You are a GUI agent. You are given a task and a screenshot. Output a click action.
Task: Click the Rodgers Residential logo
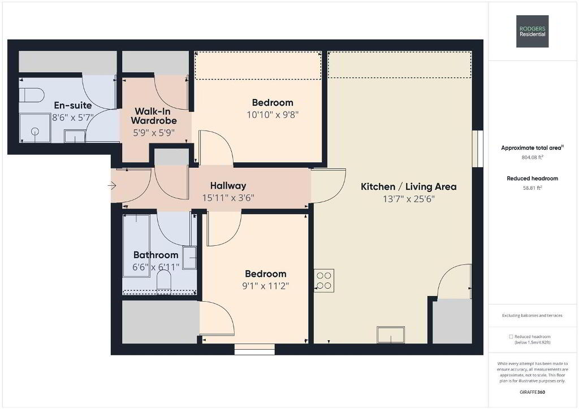point(532,31)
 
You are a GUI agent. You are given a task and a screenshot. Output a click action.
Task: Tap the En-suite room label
point(73,106)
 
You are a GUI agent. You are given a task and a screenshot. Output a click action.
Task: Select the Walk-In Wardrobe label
point(154,116)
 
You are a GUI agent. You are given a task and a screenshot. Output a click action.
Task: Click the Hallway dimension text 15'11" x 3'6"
point(228,198)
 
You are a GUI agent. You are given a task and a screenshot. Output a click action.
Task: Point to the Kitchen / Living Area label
point(408,186)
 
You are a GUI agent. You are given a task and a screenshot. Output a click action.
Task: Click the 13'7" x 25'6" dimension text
point(409,199)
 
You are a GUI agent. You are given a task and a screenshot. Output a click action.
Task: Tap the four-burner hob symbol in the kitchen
point(324,281)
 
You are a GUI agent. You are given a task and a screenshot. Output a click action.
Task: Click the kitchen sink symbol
point(391,334)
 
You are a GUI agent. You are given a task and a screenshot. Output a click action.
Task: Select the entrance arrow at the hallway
point(113,185)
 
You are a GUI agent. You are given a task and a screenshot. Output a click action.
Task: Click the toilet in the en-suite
point(32,95)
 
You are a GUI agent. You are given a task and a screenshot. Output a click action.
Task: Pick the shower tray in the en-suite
point(34,128)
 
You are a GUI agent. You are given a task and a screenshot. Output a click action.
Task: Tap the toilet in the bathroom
point(164,280)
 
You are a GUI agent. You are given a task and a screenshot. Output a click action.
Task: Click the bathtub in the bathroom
point(136,246)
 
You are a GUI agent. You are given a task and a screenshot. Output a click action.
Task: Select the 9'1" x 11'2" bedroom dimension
point(266,286)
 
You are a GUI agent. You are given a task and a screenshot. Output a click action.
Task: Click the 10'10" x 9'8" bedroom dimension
point(273,115)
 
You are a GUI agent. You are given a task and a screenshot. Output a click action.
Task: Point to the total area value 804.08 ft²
point(532,157)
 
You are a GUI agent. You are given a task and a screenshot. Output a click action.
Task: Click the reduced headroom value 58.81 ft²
point(532,188)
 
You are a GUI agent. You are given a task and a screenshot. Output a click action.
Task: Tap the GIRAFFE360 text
point(532,392)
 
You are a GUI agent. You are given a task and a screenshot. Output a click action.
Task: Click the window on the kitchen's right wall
point(478,149)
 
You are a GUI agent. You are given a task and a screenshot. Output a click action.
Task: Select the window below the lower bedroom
point(254,349)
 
